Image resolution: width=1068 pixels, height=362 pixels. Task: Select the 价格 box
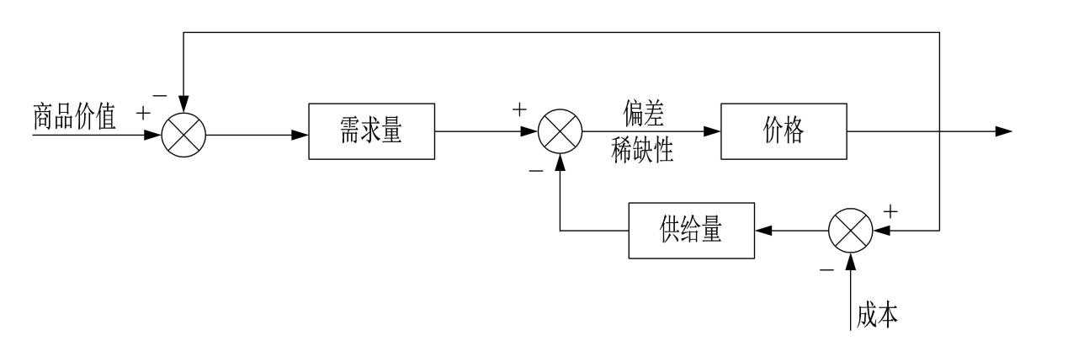point(782,132)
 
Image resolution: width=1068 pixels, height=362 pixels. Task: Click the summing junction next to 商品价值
point(183,133)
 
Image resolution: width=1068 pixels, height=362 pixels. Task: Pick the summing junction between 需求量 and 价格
point(561,132)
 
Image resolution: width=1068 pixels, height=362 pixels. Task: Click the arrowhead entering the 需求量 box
point(300,133)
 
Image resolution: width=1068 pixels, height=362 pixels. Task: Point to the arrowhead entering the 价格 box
point(712,132)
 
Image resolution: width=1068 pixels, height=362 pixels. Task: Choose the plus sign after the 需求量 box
point(519,109)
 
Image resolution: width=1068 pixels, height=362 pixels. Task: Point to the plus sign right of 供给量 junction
point(892,211)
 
